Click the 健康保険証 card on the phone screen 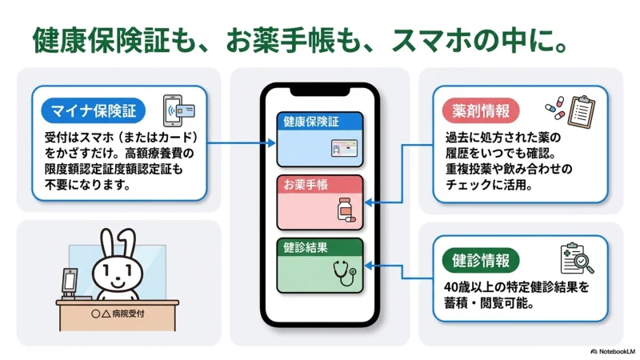[320, 138]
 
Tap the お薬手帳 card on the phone [320, 201]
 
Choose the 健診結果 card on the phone [320, 264]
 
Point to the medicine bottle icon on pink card [346, 209]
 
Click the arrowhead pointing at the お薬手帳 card [369, 203]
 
